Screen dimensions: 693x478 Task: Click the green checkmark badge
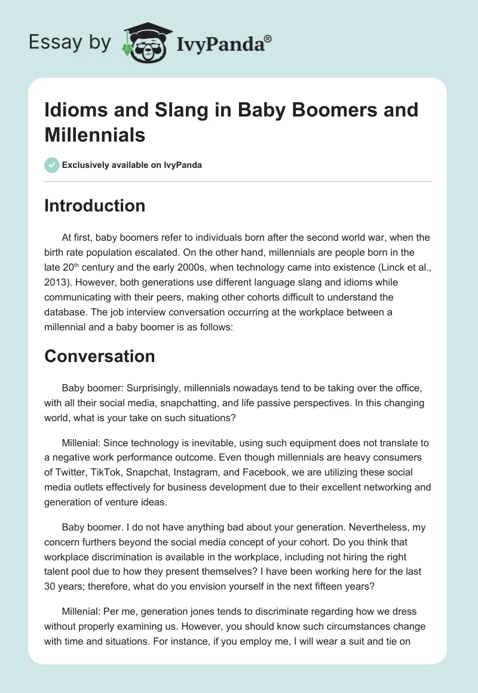click(52, 165)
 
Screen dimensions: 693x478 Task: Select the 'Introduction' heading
click(94, 206)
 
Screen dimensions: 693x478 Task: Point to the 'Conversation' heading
click(99, 356)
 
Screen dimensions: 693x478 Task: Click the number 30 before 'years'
click(51, 586)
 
